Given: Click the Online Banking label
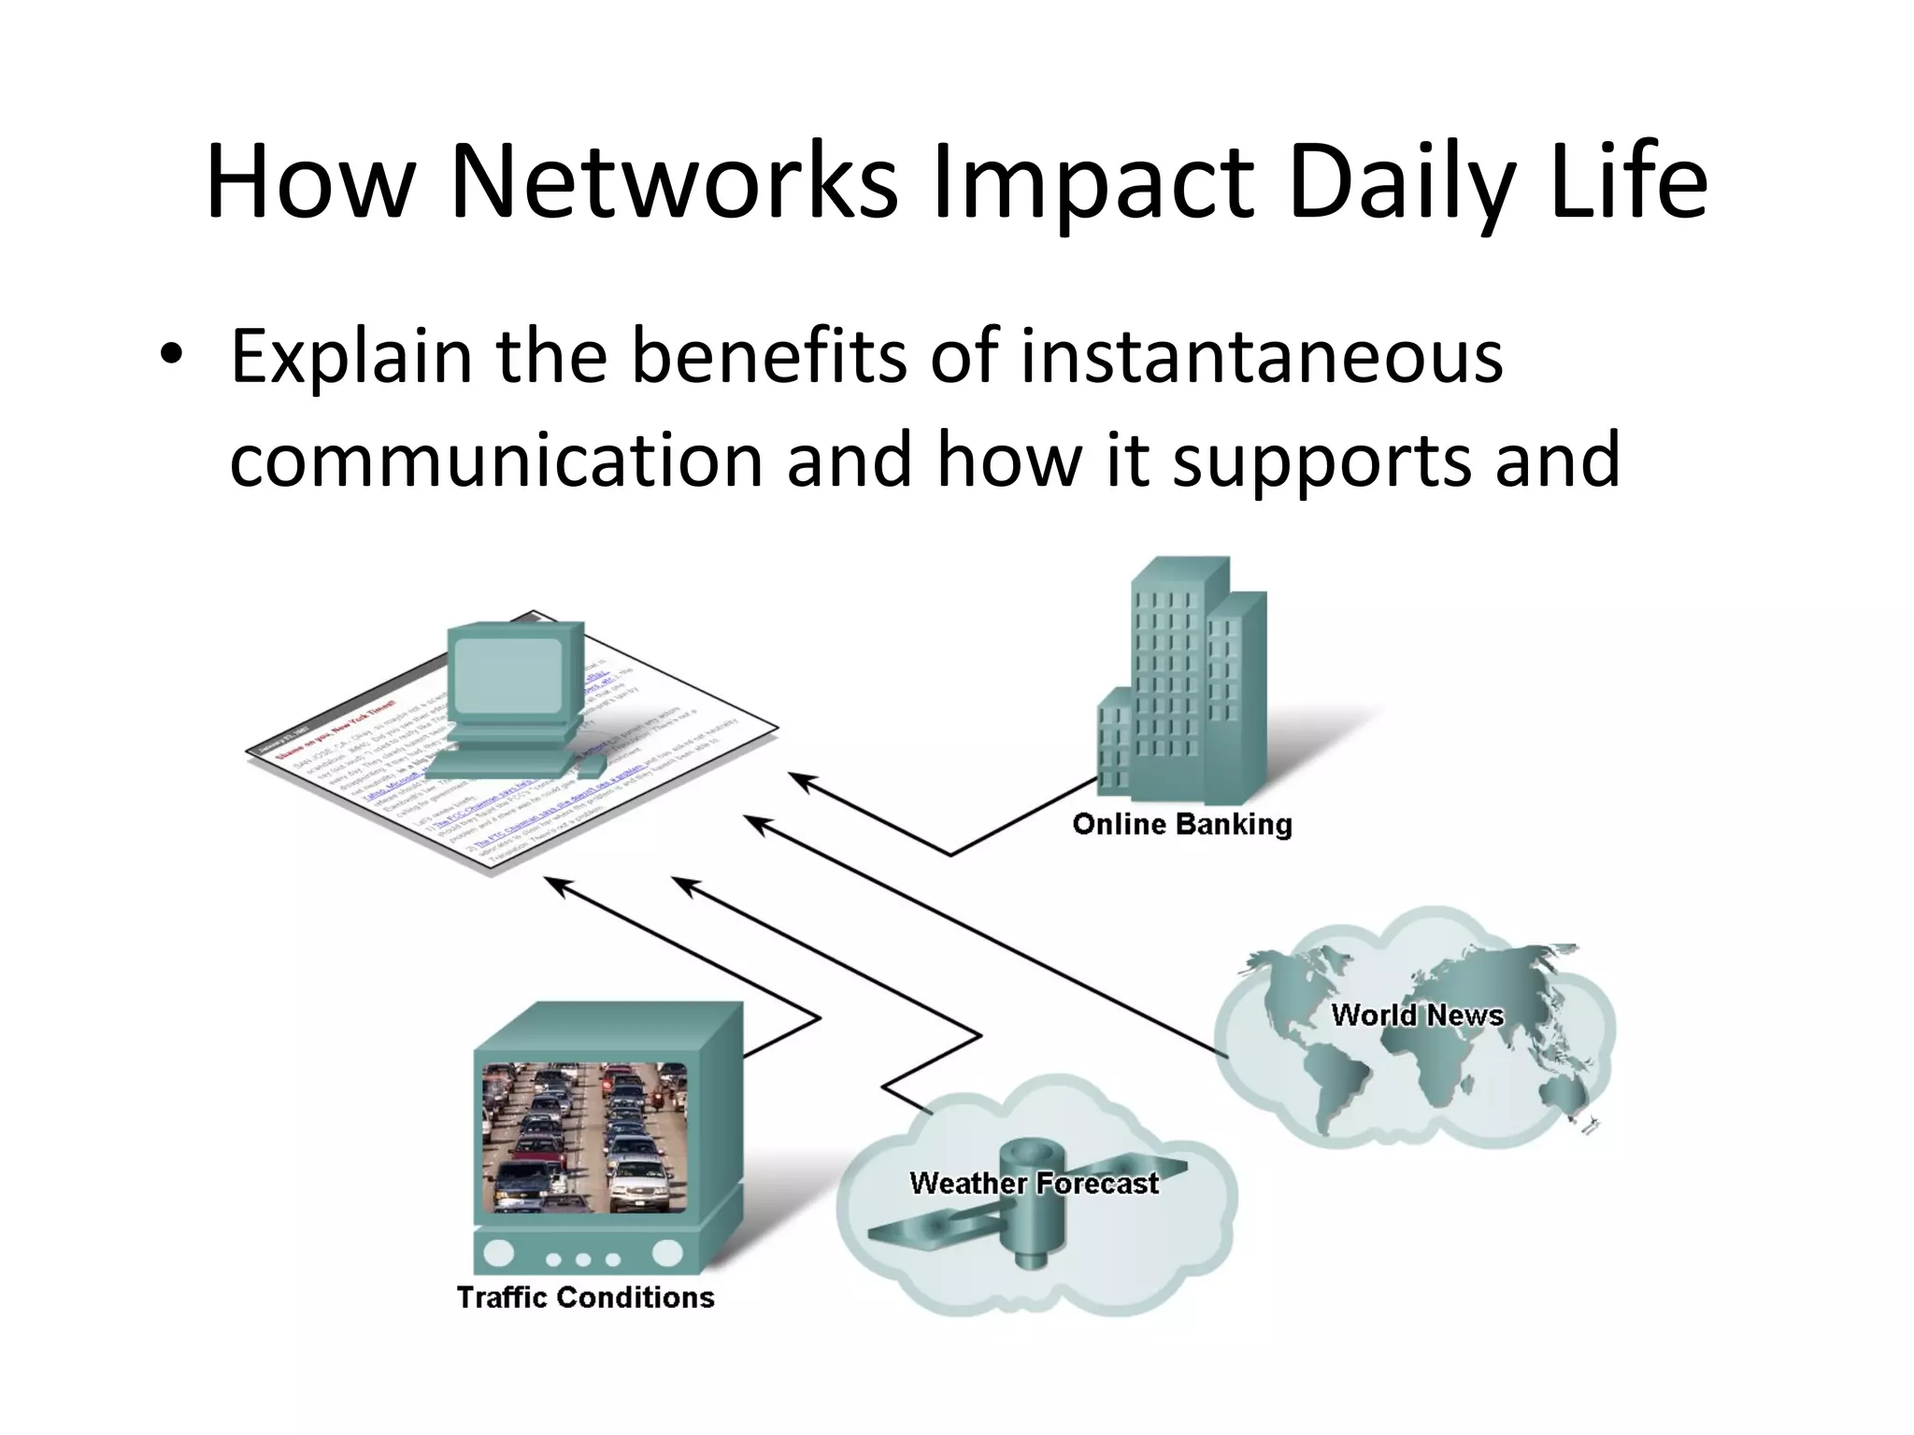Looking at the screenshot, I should [1182, 824].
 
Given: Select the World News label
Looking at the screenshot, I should [1417, 1015].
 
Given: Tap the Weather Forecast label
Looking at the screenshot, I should [1034, 1183].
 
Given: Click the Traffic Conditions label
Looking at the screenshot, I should [585, 1297].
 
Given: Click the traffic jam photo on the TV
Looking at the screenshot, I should [584, 1137].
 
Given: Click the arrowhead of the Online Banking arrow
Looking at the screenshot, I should [798, 779].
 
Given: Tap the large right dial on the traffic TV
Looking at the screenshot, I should [668, 1253].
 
